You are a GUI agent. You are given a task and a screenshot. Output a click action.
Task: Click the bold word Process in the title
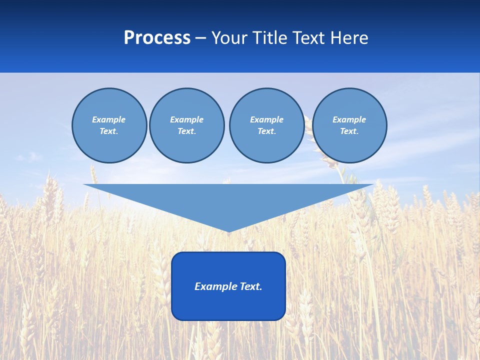[157, 38]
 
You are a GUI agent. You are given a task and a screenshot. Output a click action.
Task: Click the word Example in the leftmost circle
[108, 119]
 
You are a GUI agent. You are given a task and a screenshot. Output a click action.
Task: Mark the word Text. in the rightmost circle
[349, 131]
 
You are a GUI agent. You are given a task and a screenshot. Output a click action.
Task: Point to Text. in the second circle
[186, 131]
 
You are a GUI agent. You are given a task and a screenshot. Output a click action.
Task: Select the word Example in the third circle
[266, 119]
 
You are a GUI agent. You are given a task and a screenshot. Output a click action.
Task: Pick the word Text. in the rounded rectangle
[250, 286]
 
